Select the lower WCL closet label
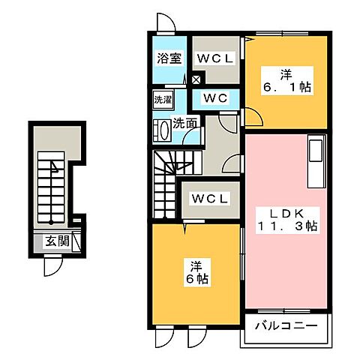(x=211, y=198)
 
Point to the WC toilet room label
(x=217, y=98)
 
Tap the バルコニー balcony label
(x=286, y=326)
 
